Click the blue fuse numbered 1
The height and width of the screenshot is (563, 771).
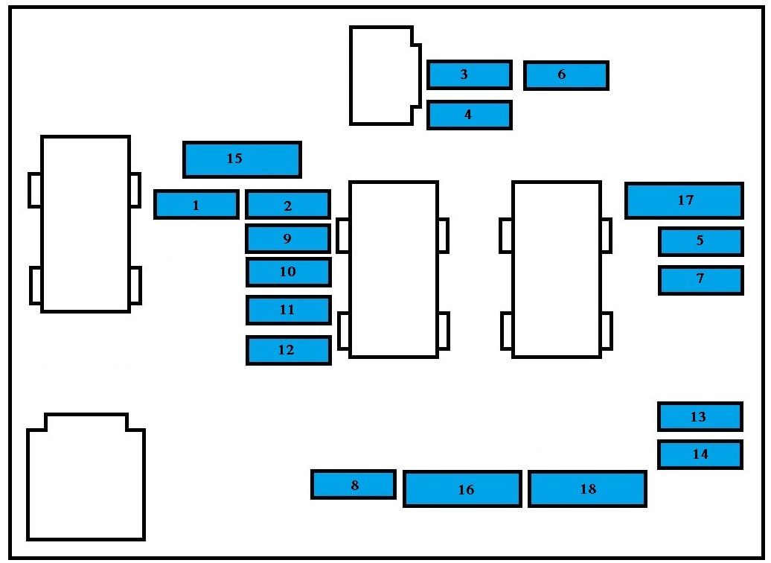pyautogui.click(x=196, y=205)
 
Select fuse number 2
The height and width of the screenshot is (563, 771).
pyautogui.click(x=287, y=205)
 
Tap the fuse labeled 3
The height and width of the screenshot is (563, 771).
pyautogui.click(x=469, y=75)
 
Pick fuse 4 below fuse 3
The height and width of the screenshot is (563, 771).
pyautogui.click(x=469, y=115)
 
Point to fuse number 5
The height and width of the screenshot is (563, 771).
pyautogui.click(x=700, y=241)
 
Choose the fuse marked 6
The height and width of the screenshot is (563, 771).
pyautogui.click(x=566, y=75)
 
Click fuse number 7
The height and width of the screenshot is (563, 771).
pyautogui.click(x=700, y=279)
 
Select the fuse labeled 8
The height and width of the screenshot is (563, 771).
pyautogui.click(x=353, y=485)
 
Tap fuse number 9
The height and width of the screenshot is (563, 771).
pyautogui.click(x=287, y=238)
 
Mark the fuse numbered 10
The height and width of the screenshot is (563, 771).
pyautogui.click(x=287, y=272)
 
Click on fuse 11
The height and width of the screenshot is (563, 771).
pyautogui.click(x=287, y=310)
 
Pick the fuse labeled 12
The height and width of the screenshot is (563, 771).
pyautogui.click(x=287, y=350)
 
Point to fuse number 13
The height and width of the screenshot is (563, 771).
pyautogui.click(x=700, y=417)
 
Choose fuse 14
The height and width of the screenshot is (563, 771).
pyautogui.click(x=700, y=454)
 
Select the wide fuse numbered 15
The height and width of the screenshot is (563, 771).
pyautogui.click(x=242, y=159)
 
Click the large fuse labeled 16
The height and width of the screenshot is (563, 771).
pyautogui.click(x=461, y=489)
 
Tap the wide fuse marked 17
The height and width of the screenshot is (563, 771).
pyautogui.click(x=684, y=200)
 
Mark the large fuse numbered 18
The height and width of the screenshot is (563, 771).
pyautogui.click(x=586, y=489)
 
